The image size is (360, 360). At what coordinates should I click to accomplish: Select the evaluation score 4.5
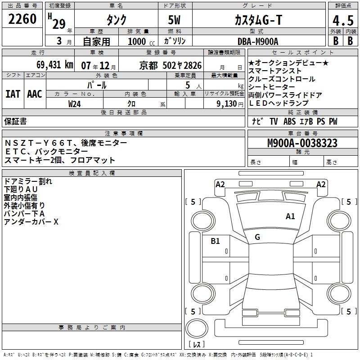[x=342, y=19]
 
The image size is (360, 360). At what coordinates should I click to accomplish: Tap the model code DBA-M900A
[x=258, y=41]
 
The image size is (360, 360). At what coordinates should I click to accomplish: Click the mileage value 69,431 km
[x=50, y=65]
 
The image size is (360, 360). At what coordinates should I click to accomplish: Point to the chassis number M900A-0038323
[x=302, y=144]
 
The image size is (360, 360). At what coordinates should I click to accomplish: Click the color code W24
[x=74, y=103]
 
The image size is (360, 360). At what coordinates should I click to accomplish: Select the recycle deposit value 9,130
[x=226, y=103]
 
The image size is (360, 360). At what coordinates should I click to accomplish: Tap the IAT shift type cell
[x=13, y=94]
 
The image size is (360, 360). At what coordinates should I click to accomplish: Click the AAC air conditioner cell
[x=34, y=94]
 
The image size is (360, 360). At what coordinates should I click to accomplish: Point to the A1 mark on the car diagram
[x=290, y=216]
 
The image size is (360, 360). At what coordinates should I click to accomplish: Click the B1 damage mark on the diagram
[x=216, y=241]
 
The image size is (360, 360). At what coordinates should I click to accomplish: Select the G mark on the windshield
[x=257, y=237]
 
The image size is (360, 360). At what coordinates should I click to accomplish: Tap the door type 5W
[x=176, y=19]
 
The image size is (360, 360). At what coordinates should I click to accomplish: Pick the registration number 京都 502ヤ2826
[x=171, y=65]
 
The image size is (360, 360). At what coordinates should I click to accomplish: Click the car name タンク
[x=116, y=19]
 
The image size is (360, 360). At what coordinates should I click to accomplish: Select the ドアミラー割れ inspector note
[x=28, y=181]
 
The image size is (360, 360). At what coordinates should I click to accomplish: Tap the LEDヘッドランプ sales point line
[x=279, y=103]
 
